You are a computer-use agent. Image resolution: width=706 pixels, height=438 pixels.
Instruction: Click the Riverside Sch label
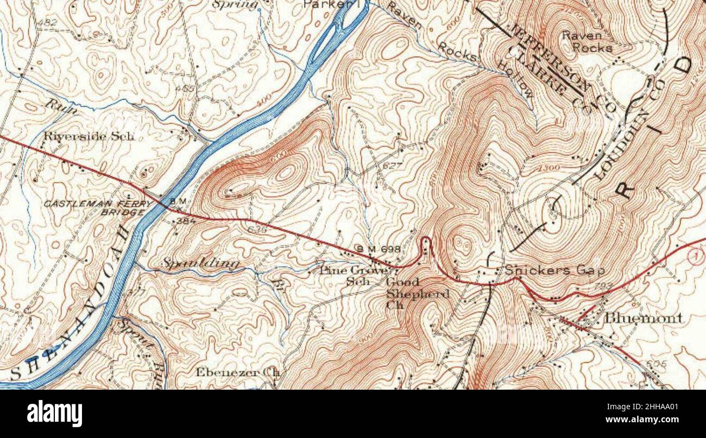[x=89, y=136]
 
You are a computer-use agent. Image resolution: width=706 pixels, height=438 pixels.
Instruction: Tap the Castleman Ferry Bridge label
[x=98, y=207]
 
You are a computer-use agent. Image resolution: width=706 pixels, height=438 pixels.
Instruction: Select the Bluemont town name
[x=644, y=318]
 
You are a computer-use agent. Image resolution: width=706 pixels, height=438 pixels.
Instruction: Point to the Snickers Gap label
[x=554, y=270]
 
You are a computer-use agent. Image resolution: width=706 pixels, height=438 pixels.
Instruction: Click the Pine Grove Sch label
[x=354, y=275]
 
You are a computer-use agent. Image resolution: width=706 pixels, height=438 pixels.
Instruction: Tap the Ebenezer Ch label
[x=238, y=372]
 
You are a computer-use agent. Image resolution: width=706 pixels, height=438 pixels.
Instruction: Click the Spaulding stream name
[x=201, y=263]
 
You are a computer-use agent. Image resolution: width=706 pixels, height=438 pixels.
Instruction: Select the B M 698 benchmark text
[x=378, y=249]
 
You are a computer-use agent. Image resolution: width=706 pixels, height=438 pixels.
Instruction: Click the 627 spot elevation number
[x=392, y=164]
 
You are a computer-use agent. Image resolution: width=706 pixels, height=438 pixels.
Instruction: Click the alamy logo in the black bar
[x=54, y=414]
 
